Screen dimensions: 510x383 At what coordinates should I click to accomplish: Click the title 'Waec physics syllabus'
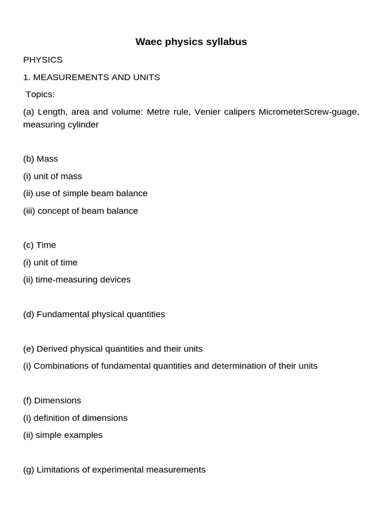pos(191,42)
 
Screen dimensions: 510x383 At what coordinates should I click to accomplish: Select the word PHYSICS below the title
pos(43,60)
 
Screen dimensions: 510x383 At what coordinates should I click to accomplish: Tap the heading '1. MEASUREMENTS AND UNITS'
pos(92,77)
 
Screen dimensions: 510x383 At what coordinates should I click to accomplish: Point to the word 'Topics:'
pos(40,94)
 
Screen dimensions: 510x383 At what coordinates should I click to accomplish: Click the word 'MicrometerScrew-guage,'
pos(309,112)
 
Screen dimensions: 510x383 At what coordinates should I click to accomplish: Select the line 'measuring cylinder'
pos(61,125)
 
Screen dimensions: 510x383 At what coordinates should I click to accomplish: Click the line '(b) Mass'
pos(41,159)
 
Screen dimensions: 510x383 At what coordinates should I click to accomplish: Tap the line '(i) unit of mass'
pos(53,176)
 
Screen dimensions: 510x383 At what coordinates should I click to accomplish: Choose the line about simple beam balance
pos(85,193)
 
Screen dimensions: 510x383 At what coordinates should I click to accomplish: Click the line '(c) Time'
pos(40,245)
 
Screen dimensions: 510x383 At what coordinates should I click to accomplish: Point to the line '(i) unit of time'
pos(50,262)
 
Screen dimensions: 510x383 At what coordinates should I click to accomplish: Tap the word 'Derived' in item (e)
pos(52,349)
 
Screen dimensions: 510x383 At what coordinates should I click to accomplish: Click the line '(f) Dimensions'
pos(52,400)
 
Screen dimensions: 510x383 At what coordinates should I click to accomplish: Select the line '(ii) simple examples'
pos(63,435)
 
